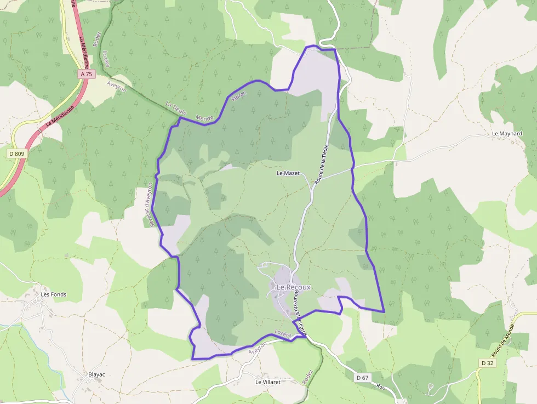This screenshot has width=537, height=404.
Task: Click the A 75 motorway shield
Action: coord(87,73)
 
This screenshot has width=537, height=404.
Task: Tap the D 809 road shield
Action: coord(17,154)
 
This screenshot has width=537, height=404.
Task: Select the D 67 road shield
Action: coord(362,378)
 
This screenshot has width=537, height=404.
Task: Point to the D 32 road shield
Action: coord(488,363)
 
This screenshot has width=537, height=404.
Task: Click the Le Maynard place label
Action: coord(507,134)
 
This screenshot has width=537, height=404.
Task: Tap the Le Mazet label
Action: coord(288,173)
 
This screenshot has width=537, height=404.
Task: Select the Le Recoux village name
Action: coord(293,287)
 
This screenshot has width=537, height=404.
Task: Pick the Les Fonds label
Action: coord(54,294)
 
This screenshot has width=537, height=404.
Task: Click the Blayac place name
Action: coord(96,375)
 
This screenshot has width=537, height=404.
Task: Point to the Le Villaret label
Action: coord(268,382)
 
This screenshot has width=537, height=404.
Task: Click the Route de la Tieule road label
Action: coord(322,163)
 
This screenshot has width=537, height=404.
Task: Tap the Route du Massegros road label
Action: coord(299,312)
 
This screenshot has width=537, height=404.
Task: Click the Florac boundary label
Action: coord(239,96)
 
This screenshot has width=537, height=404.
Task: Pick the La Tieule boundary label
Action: coord(176,108)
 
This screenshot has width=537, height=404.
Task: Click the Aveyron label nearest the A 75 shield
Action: coord(117,86)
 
